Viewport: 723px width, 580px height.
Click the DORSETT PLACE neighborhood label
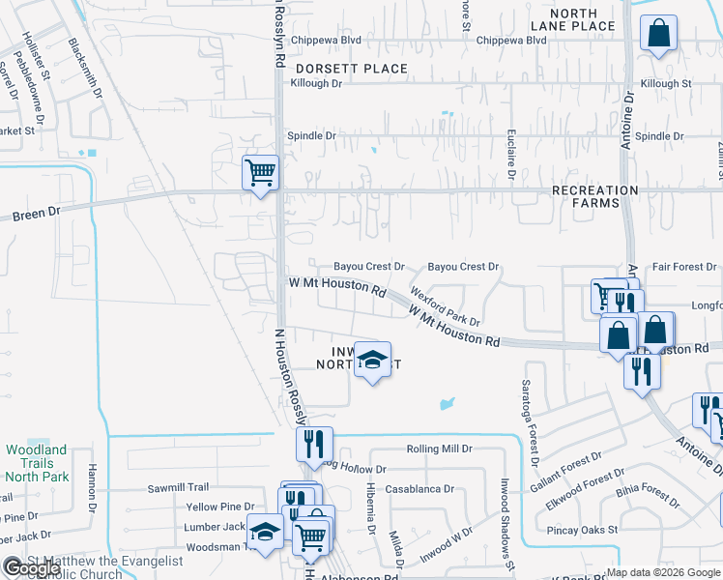click(x=352, y=69)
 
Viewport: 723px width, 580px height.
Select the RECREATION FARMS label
click(x=594, y=197)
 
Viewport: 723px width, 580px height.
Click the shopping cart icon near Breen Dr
click(x=260, y=173)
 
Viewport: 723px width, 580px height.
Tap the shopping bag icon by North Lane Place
click(x=658, y=34)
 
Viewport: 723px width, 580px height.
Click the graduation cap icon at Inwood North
click(x=371, y=361)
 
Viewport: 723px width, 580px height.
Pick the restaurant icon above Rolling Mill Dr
click(x=314, y=445)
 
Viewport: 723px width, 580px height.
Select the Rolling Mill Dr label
click(x=439, y=449)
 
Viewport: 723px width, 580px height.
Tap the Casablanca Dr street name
click(x=419, y=489)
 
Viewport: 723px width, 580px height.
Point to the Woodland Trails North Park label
click(x=37, y=463)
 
